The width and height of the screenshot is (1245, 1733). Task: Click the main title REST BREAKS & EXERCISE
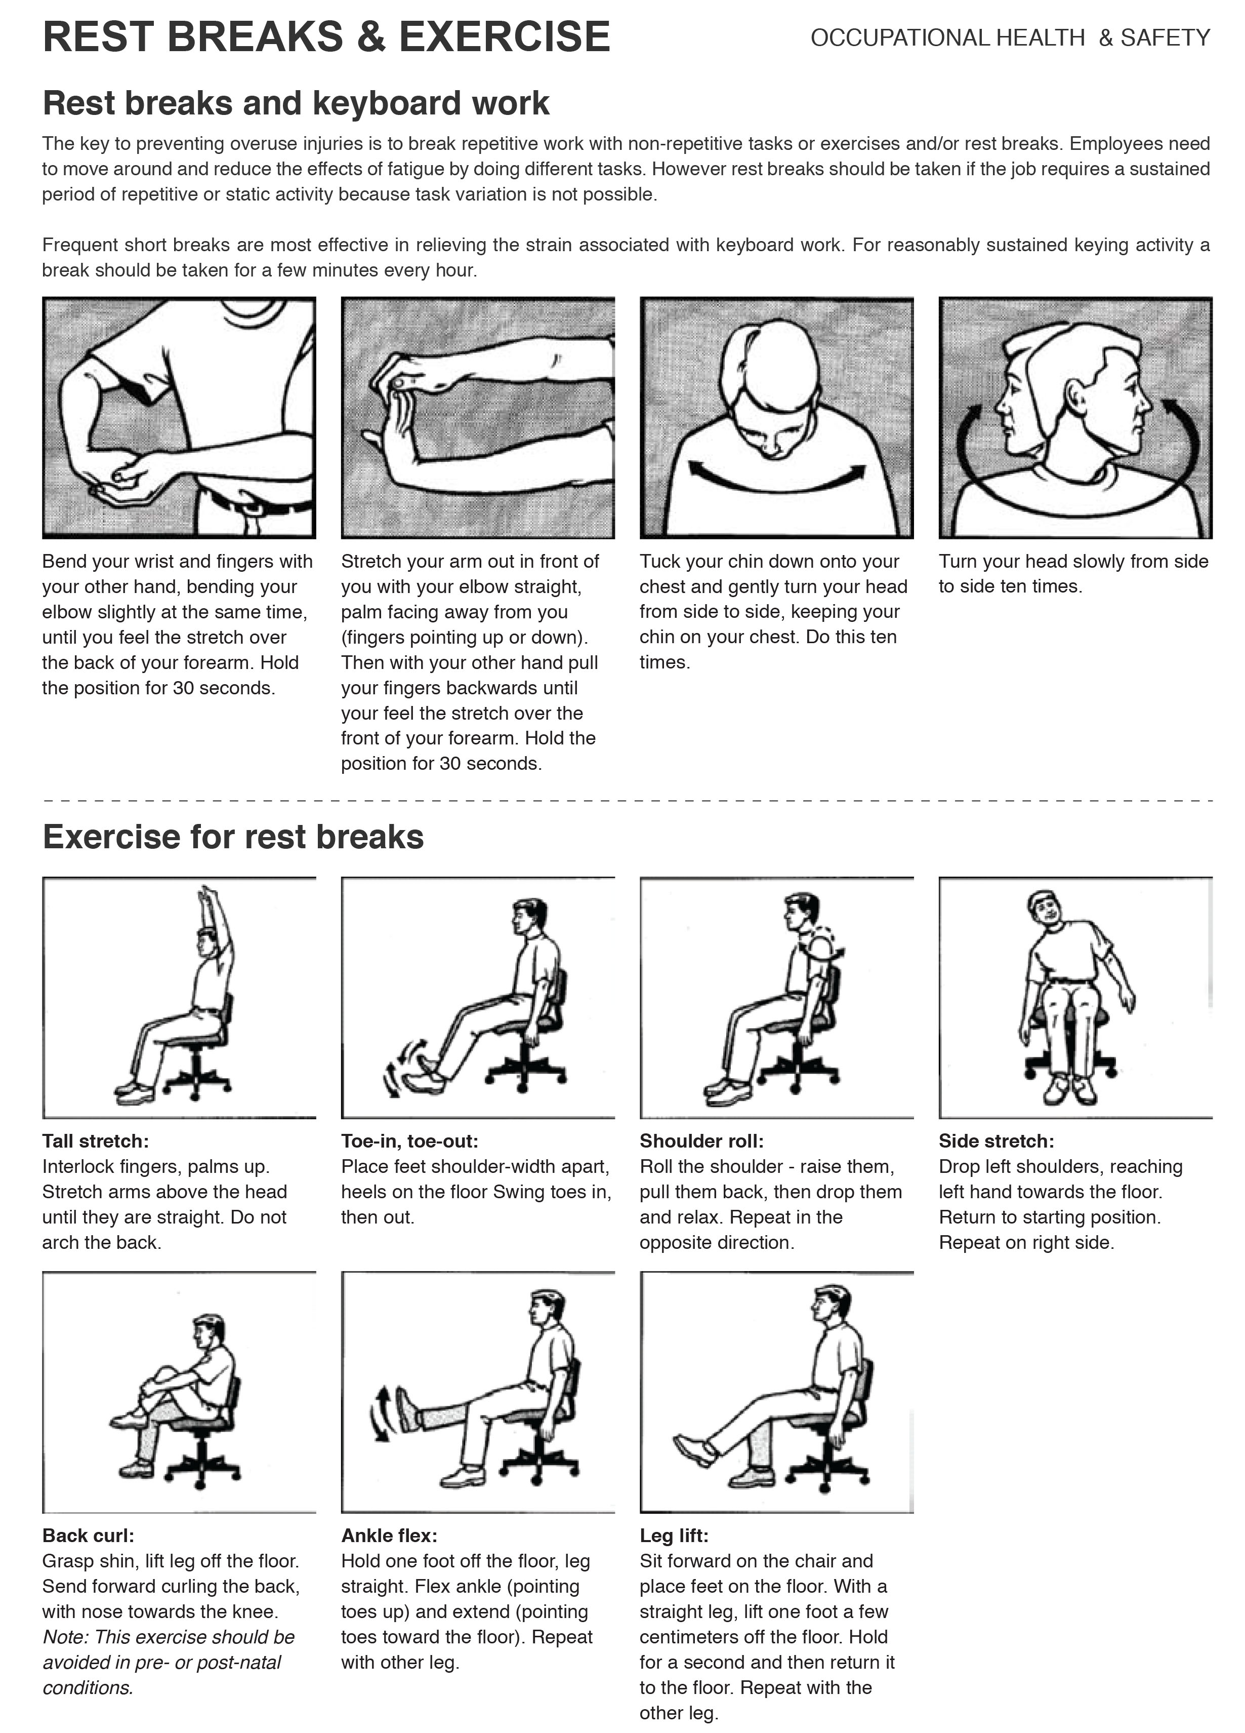click(x=326, y=36)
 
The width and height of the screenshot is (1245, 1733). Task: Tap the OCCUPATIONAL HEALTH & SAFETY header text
click(x=1010, y=37)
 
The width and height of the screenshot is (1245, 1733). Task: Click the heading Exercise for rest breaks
click(x=233, y=837)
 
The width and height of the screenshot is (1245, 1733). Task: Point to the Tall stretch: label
click(x=96, y=1141)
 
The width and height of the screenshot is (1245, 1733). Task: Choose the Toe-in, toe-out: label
click(x=409, y=1141)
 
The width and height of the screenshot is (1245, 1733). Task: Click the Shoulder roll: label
click(x=701, y=1141)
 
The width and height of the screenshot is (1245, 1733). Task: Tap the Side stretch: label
click(x=996, y=1141)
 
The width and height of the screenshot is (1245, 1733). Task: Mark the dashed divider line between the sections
click(x=627, y=800)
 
